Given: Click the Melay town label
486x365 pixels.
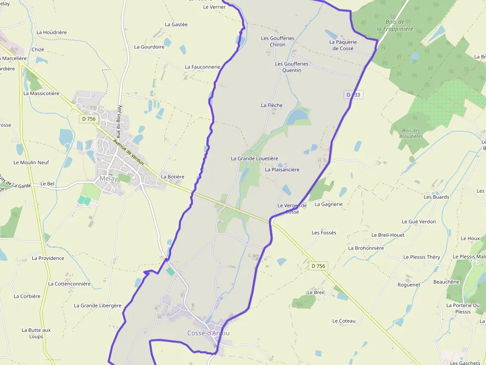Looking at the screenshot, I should (x=108, y=179).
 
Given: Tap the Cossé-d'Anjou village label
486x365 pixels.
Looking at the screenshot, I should (x=208, y=333).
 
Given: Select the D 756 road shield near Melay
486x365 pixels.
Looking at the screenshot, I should (x=88, y=119).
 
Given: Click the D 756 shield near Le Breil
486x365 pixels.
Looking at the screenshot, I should (x=318, y=266).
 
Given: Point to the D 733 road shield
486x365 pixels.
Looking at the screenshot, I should (x=354, y=95).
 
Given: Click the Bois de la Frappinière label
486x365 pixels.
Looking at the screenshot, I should (x=395, y=25).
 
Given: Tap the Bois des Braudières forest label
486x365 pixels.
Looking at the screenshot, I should (x=410, y=133).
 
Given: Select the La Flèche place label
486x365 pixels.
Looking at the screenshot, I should (x=272, y=105).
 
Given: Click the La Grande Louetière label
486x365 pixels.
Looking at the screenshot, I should (x=254, y=158).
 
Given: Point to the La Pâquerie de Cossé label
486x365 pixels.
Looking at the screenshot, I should (x=343, y=46).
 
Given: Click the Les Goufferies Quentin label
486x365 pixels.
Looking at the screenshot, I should (x=292, y=67).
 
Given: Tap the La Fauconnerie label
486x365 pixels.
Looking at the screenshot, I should (x=202, y=67).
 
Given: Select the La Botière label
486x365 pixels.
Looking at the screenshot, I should (x=173, y=177).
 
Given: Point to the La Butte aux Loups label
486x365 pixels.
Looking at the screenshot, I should (x=36, y=333).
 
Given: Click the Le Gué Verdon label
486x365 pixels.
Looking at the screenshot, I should (x=419, y=222).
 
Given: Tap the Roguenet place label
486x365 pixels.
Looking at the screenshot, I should (x=409, y=285).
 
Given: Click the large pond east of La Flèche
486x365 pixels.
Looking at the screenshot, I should (x=297, y=117).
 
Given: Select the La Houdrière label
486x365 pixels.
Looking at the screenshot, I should (x=52, y=33).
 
